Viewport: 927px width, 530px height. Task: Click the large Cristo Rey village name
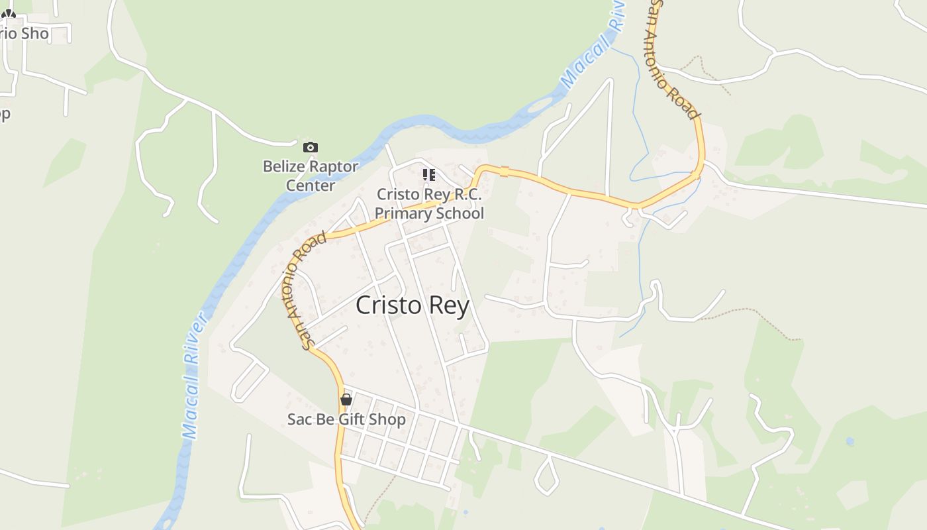(413, 305)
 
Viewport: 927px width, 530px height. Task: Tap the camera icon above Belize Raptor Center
(310, 147)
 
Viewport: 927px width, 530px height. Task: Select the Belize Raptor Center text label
(311, 176)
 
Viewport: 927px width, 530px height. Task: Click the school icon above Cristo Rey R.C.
(429, 175)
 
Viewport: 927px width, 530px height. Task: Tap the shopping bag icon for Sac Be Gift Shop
(346, 399)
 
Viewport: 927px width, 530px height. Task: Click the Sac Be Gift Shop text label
(346, 419)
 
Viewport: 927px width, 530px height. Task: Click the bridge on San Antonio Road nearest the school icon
(504, 172)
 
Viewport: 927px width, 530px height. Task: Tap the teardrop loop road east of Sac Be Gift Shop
(547, 475)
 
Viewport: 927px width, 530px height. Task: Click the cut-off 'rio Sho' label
(24, 33)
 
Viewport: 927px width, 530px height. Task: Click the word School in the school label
(458, 213)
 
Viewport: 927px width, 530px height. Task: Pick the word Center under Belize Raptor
(311, 185)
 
